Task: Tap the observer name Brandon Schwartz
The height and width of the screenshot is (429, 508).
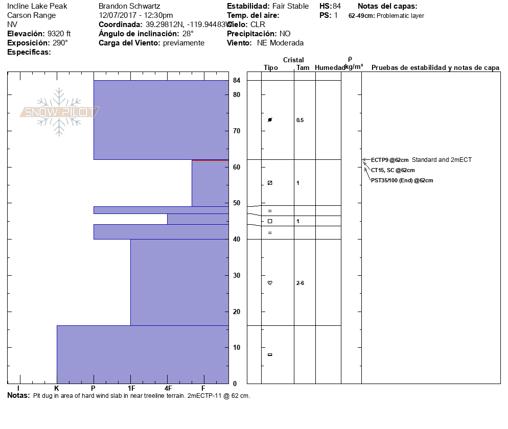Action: click(129, 6)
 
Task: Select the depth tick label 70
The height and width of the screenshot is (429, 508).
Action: click(237, 131)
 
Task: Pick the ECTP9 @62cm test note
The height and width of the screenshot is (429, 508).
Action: click(389, 160)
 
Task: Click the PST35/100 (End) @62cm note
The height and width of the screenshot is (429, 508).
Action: click(402, 180)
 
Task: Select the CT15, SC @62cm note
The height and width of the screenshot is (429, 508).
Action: click(392, 170)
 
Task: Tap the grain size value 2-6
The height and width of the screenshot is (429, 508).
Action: click(301, 283)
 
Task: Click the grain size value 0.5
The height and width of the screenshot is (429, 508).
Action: click(300, 121)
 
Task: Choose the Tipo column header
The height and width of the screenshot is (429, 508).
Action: click(271, 68)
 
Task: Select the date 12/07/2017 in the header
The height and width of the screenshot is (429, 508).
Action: click(117, 15)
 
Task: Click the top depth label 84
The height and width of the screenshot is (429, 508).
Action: click(237, 81)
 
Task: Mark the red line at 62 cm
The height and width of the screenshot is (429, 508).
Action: click(210, 160)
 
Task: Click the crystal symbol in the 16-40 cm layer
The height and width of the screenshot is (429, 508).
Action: click(270, 283)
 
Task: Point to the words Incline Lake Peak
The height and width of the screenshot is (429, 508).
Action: click(37, 6)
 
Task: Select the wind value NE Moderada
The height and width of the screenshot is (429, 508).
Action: click(280, 43)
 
